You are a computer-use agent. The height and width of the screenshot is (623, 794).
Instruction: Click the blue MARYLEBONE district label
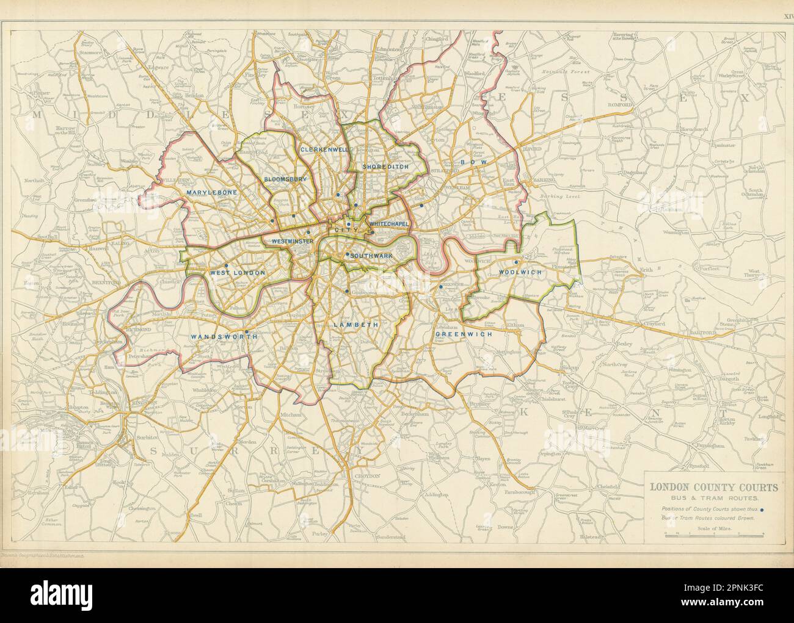tap(208, 192)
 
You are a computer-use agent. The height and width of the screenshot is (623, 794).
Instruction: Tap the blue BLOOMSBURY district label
tap(285, 179)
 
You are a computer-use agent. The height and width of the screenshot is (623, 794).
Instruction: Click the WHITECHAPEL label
tap(389, 225)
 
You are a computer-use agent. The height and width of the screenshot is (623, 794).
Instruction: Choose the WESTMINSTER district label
tap(293, 241)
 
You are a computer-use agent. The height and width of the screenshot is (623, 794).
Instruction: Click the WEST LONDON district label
tap(238, 273)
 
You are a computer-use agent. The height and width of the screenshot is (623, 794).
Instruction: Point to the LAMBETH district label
tap(355, 325)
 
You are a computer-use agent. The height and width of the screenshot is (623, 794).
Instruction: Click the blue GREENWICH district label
tap(464, 334)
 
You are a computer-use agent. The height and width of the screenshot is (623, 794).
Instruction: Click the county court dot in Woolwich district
tap(516, 263)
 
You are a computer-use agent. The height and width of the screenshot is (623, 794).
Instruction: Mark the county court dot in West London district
tap(226, 265)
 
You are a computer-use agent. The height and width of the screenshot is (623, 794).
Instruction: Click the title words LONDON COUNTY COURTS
tap(713, 488)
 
